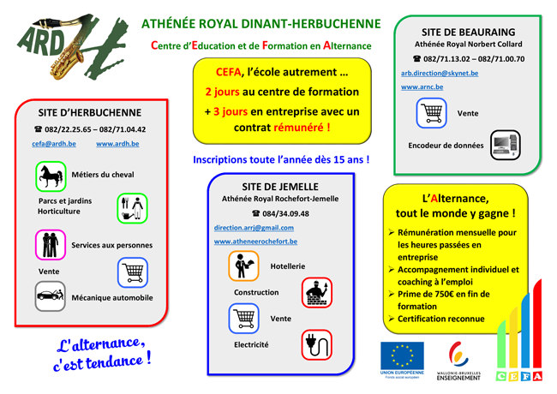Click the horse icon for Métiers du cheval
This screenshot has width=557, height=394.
tap(51, 176)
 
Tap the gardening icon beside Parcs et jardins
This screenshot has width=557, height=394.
tap(132, 208)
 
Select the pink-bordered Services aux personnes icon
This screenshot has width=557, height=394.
tap(51, 245)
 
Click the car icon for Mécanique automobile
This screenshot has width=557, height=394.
tap(51, 296)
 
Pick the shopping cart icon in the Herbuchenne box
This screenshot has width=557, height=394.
tap(133, 272)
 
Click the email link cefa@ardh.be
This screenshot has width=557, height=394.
tap(54, 144)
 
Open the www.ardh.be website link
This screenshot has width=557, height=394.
tap(117, 144)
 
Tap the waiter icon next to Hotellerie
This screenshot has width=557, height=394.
tap(243, 266)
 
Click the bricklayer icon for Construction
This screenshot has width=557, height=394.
tap(317, 292)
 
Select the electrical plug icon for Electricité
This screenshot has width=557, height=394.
tap(317, 344)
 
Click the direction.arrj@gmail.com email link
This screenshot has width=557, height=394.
tap(254, 228)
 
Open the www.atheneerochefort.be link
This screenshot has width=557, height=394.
tap(255, 242)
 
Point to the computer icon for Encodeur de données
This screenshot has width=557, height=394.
tap(506, 145)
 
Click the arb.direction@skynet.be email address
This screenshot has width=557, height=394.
tap(440, 73)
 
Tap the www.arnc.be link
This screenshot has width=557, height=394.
tap(422, 87)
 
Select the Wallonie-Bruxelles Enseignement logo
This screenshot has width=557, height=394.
tap(458, 361)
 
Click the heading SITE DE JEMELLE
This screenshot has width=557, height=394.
tap(280, 187)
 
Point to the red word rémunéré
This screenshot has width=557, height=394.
tap(302, 128)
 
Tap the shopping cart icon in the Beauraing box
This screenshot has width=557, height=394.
tap(431, 113)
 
